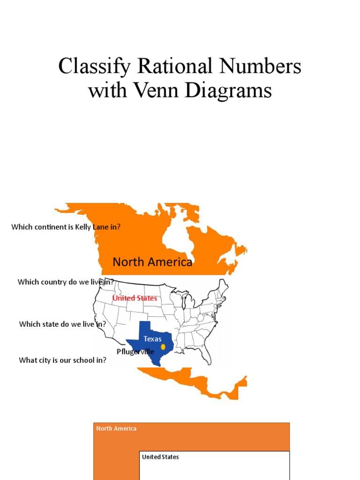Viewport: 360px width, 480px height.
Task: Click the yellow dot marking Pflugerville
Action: point(163,347)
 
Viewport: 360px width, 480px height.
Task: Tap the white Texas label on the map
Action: point(152,339)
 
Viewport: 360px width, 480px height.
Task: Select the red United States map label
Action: point(135,298)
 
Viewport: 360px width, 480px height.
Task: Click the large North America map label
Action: point(152,262)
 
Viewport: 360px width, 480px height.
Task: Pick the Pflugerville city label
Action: point(135,352)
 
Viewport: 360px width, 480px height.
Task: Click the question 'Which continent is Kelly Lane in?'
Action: point(66,227)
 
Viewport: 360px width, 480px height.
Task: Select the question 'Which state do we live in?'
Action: point(62,324)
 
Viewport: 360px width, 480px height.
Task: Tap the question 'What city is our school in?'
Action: point(62,360)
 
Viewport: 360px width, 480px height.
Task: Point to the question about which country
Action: point(66,282)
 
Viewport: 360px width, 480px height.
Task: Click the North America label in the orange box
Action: point(116,428)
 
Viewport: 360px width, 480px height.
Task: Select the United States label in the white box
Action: point(160,457)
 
